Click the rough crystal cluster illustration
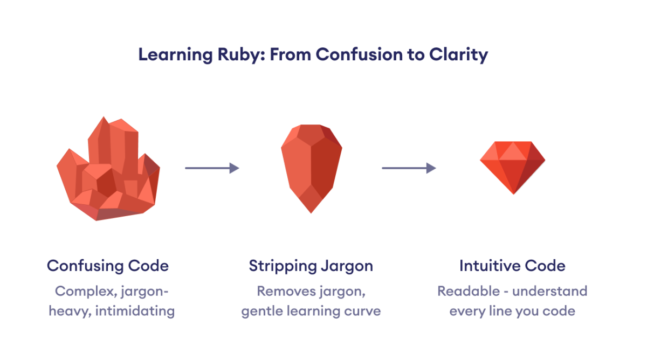108,170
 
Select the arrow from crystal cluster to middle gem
212,168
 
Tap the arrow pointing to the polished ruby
409,168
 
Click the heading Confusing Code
108,266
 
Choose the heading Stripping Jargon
311,266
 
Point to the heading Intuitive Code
512,266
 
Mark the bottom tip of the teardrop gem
311,212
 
